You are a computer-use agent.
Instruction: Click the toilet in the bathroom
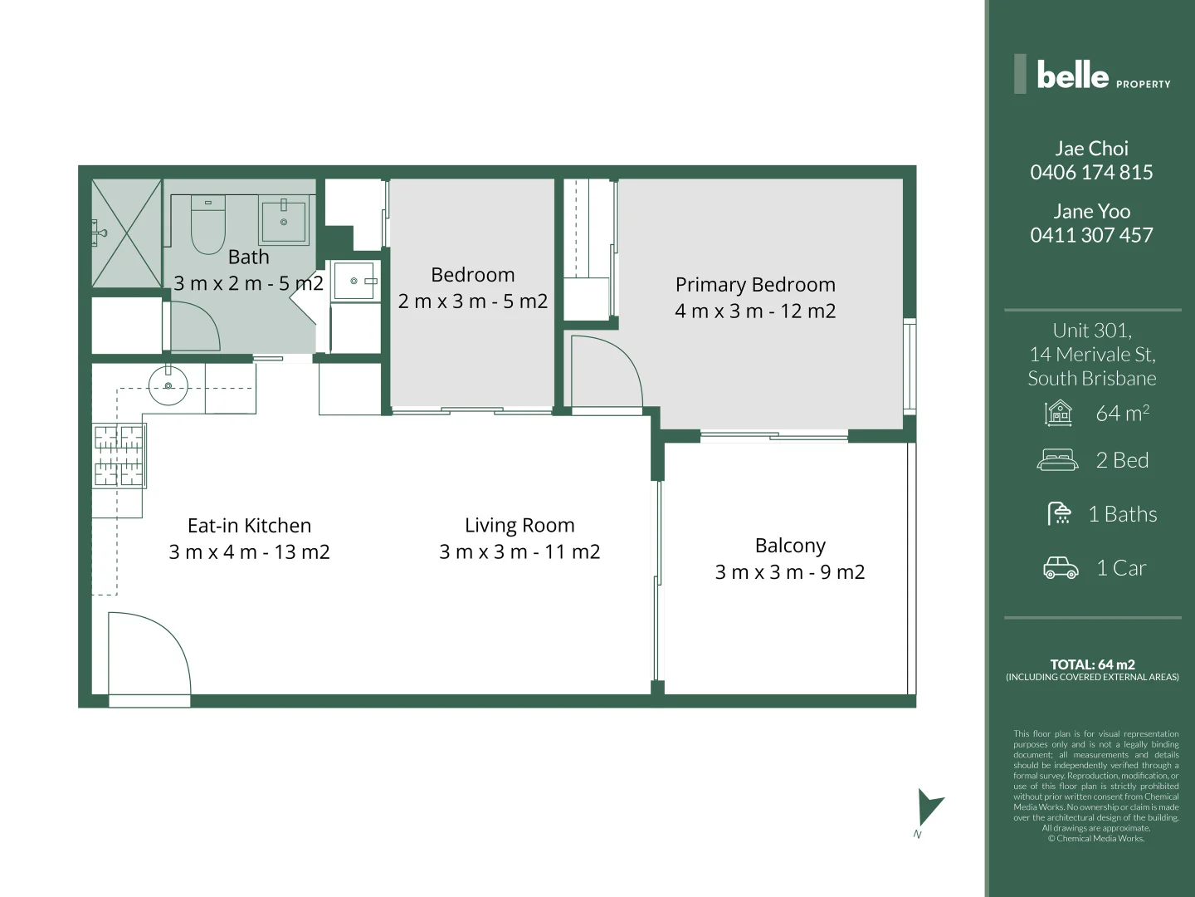coord(208,225)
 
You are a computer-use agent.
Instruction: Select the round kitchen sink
coord(168,385)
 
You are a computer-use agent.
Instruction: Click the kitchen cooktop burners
coord(119,454)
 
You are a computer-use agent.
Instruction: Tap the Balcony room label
coord(790,546)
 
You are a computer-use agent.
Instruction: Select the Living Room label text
coord(519,526)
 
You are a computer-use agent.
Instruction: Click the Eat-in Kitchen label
coord(249,526)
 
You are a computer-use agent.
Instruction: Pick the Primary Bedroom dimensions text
coord(755,311)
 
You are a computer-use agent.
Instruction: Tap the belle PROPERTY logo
coord(1092,76)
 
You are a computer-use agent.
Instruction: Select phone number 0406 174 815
coord(1091,173)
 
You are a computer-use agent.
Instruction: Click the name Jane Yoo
coord(1091,212)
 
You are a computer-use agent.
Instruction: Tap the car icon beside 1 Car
coord(1061,568)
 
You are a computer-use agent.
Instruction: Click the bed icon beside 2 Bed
coord(1057,460)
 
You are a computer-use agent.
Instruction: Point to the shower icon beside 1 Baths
coord(1060,514)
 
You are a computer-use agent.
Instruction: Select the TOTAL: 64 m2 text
coord(1092,664)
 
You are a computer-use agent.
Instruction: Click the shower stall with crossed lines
coord(126,233)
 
